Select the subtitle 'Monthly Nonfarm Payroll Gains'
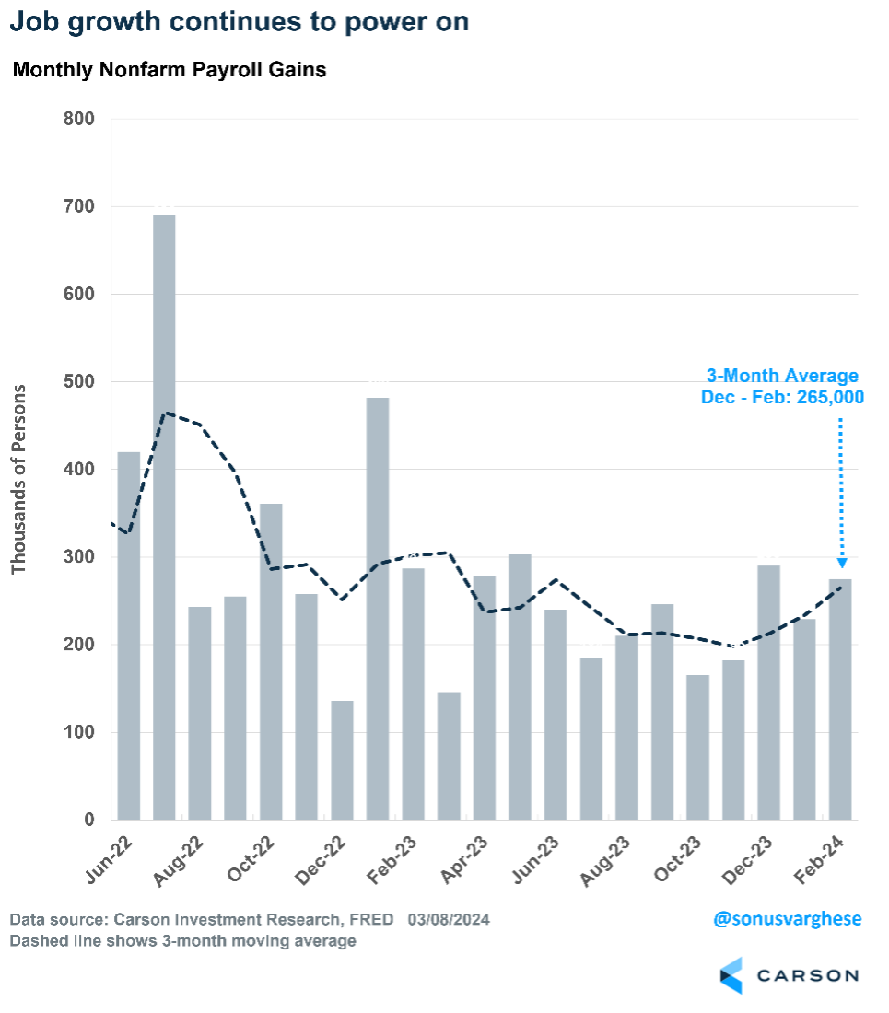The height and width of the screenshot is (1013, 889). (x=170, y=70)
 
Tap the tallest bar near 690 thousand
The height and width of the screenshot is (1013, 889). (x=164, y=516)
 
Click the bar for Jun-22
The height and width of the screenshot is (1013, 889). (x=129, y=635)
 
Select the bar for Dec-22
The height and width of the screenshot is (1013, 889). (x=342, y=760)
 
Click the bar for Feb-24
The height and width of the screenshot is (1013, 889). (x=840, y=699)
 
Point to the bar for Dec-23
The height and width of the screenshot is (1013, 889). (x=769, y=692)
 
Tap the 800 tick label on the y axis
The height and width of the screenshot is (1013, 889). (x=78, y=119)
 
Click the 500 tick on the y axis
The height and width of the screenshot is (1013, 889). (x=78, y=381)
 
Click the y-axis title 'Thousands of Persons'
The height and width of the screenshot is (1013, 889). (x=19, y=479)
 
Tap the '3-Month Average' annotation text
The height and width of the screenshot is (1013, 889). (x=782, y=376)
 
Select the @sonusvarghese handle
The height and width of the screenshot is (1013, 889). (x=789, y=919)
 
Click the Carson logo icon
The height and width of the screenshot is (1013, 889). (x=731, y=975)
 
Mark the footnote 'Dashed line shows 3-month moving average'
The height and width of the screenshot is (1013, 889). (x=182, y=941)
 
